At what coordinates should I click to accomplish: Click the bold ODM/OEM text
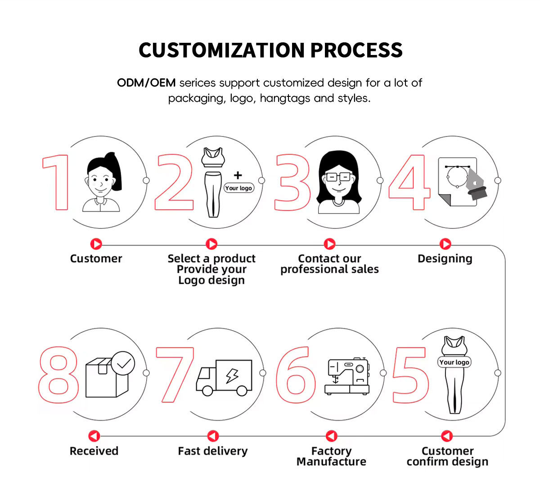[x=146, y=83]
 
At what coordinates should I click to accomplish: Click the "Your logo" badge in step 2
[x=238, y=188]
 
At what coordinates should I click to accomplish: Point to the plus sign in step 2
[x=238, y=175]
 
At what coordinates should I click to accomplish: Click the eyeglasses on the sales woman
[x=338, y=177]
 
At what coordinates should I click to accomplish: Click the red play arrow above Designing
[x=445, y=244]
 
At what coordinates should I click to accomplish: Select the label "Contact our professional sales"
[x=329, y=264]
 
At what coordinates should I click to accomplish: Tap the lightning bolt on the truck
[x=233, y=374]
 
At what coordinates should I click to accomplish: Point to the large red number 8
[x=58, y=374]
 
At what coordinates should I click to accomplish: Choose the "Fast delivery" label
[x=212, y=451]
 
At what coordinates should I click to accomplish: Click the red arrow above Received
[x=94, y=436]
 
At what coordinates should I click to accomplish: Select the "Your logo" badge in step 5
[x=454, y=362]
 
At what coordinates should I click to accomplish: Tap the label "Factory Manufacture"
[x=331, y=456]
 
